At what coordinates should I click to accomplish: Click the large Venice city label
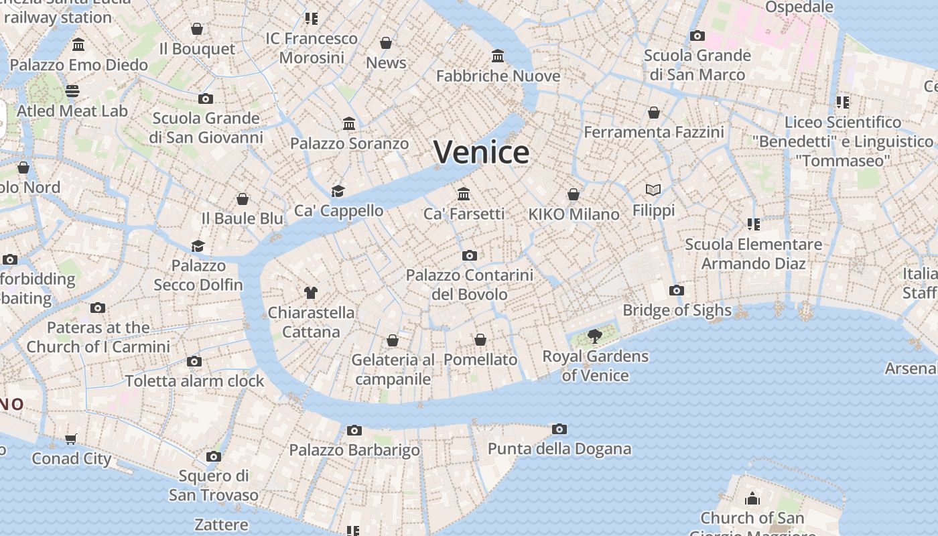(481, 152)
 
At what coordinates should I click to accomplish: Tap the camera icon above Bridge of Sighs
(677, 290)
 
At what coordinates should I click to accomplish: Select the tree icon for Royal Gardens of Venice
(594, 336)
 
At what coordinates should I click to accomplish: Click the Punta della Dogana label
(559, 449)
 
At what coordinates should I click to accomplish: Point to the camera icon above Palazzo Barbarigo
(354, 430)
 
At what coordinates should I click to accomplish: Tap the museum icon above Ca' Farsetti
(464, 194)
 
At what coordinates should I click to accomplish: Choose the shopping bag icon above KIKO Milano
(574, 194)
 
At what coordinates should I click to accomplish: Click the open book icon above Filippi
(653, 190)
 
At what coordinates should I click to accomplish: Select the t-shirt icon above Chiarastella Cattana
(311, 292)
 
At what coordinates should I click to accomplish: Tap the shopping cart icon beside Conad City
(71, 440)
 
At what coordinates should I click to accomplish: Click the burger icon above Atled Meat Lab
(72, 91)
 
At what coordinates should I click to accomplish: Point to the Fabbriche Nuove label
(498, 76)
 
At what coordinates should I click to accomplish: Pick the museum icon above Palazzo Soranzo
(349, 123)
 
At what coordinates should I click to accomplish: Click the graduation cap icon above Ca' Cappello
(338, 191)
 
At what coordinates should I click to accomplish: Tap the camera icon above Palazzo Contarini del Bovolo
(470, 255)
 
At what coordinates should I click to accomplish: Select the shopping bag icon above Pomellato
(480, 340)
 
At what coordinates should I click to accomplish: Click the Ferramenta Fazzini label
(654, 133)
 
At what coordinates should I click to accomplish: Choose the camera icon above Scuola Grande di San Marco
(697, 36)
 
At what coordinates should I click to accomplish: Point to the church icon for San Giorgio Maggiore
(752, 498)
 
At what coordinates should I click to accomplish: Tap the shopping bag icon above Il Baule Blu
(243, 199)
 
